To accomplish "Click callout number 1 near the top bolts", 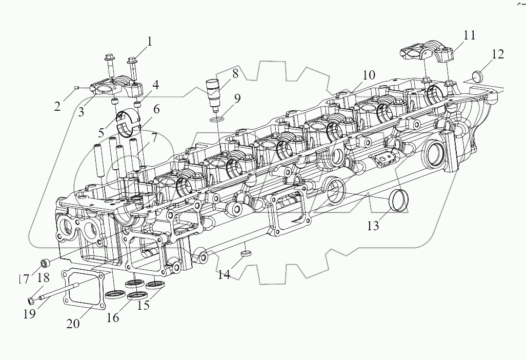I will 150,42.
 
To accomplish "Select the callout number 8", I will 235,73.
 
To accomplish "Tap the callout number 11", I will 469,35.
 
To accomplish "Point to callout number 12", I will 497,54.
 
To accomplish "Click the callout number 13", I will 373,225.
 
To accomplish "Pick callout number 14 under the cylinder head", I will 224,274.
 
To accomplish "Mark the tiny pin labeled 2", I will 76,88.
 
